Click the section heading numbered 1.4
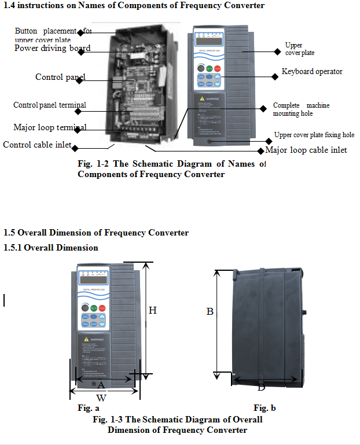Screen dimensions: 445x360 pyautogui.click(x=134, y=6)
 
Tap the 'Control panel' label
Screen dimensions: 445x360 pyautogui.click(x=57, y=77)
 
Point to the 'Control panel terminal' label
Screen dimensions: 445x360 pyautogui.click(x=50, y=105)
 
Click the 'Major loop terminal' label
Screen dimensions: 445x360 pyautogui.click(x=50, y=127)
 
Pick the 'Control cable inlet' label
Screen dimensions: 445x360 pyautogui.click(x=39, y=145)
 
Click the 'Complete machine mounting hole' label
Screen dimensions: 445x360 pyautogui.click(x=301, y=109)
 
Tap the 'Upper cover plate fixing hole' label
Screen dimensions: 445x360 pyautogui.click(x=314, y=135)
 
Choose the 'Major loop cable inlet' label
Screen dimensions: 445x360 pyautogui.click(x=306, y=150)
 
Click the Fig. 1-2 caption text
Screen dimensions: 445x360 pyautogui.click(x=171, y=169)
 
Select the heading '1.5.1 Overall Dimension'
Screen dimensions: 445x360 pyautogui.click(x=51, y=248)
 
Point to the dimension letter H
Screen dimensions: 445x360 pyautogui.click(x=152, y=311)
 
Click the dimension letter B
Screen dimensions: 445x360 pyautogui.click(x=210, y=311)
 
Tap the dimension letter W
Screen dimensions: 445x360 pyautogui.click(x=101, y=398)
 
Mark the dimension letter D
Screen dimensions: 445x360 pyautogui.click(x=261, y=387)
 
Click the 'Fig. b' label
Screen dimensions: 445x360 pyautogui.click(x=265, y=409)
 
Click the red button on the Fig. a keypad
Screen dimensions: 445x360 pyautogui.click(x=102, y=308)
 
